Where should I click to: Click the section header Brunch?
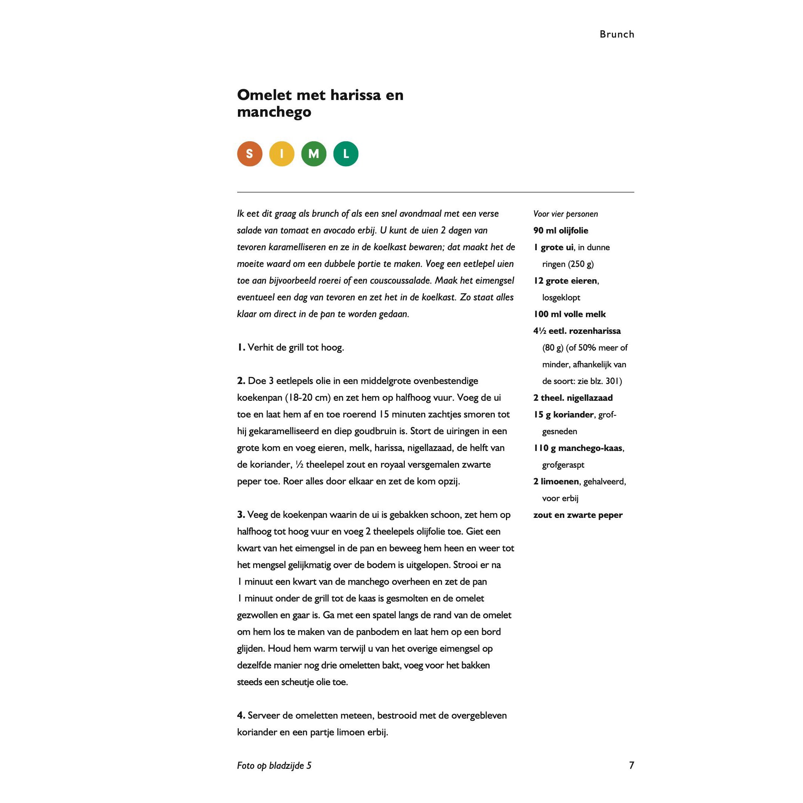pos(617,34)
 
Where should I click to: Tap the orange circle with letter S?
pos(250,154)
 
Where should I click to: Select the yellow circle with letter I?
pos(282,154)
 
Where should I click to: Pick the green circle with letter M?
pos(314,154)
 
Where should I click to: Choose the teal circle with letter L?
pos(346,154)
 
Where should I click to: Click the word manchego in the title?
pos(274,112)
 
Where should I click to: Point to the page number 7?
pos(631,765)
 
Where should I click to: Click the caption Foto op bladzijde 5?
pos(274,765)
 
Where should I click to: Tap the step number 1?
pos(241,348)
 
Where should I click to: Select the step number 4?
pos(241,715)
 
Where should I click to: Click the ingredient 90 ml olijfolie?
pos(561,230)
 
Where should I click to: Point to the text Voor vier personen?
pos(565,214)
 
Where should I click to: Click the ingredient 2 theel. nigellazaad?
pos(573,398)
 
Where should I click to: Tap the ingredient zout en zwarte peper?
pos(578,515)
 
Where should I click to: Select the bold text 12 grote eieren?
pos(565,281)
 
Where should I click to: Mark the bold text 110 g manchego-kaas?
pos(578,448)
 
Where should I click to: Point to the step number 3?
pos(241,515)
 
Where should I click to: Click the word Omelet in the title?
pos(264,95)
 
